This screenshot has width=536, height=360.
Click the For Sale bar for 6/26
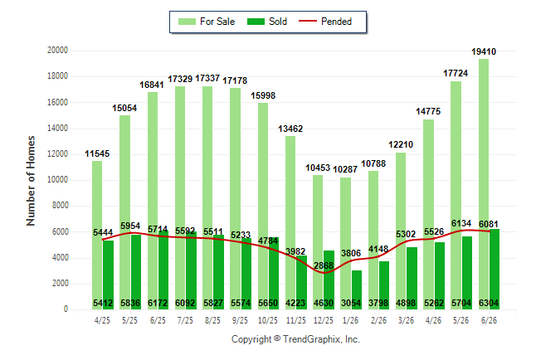point(484,184)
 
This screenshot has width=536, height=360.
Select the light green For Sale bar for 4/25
point(97,236)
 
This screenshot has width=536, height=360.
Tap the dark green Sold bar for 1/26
point(357,290)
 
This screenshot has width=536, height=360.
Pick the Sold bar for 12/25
point(329,280)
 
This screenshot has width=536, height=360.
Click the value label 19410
point(484,51)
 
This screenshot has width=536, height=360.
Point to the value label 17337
point(207,78)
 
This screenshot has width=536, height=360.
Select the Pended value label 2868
point(324,265)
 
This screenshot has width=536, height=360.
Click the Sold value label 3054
point(351,303)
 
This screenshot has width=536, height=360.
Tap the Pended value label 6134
point(461,223)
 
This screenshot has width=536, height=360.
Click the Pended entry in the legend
point(325,22)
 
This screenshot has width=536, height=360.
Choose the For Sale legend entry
point(207,22)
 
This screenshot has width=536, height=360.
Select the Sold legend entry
point(267,22)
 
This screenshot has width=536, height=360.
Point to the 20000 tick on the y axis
point(57,51)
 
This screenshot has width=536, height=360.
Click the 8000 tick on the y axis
point(60,206)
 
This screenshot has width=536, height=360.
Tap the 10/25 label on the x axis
point(268,320)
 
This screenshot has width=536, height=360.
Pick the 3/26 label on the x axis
point(406,320)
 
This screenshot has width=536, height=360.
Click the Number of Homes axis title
point(31,181)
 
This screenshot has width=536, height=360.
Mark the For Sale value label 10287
point(345,169)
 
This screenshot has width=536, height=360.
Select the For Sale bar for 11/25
point(290,223)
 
